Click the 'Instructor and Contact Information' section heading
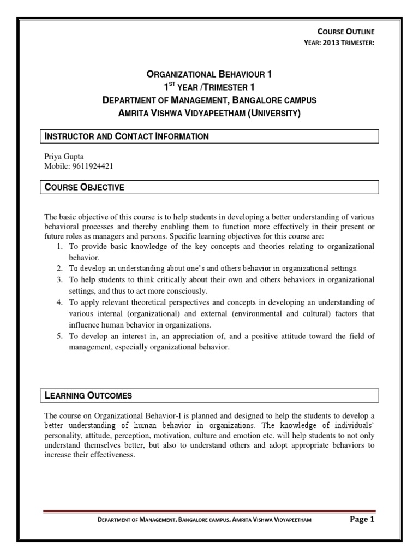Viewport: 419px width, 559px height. [126, 136]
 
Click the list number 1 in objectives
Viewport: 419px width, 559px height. [60, 247]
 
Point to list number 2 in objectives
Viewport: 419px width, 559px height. [60, 269]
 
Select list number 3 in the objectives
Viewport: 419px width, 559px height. [60, 279]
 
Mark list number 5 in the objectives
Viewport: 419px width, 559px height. [60, 337]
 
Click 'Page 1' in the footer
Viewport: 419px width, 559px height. [362, 520]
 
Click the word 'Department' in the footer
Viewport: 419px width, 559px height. [113, 521]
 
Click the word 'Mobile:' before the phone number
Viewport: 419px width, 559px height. [55, 165]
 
